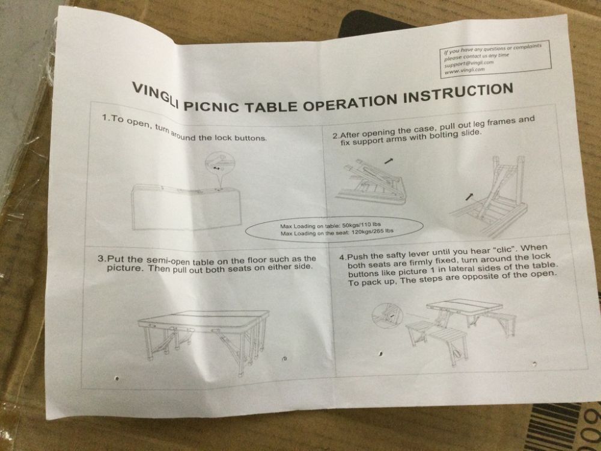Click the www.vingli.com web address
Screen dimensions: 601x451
(x=465, y=70)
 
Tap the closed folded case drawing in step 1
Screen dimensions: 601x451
(x=186, y=207)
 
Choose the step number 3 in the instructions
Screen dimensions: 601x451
(x=100, y=259)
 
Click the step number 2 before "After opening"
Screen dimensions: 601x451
(x=335, y=136)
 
